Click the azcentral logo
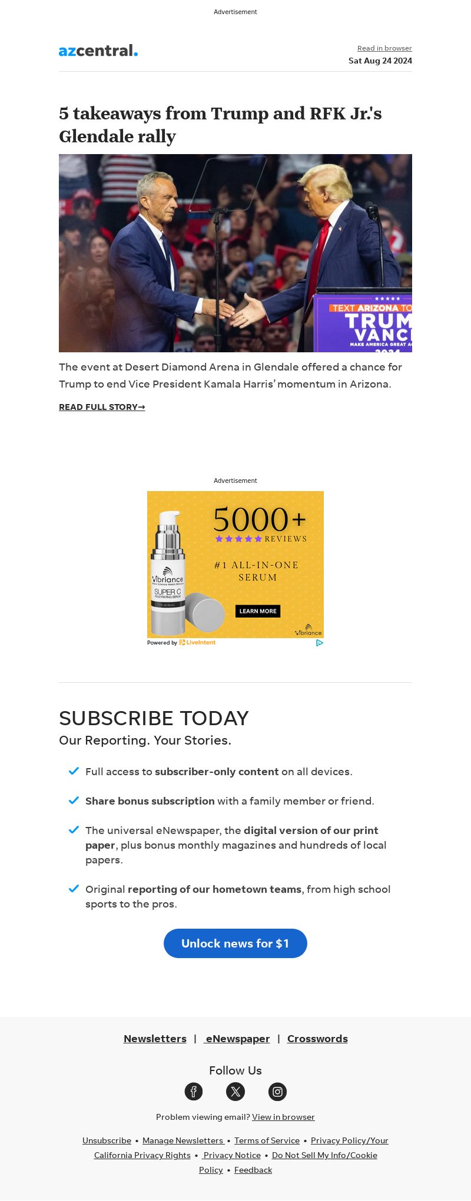point(98,51)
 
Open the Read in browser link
point(384,48)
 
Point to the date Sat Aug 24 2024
point(380,61)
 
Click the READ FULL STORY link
point(102,407)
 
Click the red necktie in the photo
point(320,253)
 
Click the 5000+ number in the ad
point(259,519)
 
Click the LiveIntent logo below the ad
point(198,642)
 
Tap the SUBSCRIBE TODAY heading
point(154,718)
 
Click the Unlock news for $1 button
point(235,943)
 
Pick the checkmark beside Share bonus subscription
point(74,800)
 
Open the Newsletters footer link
point(155,1039)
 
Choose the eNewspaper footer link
point(237,1039)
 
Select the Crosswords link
point(317,1039)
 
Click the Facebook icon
point(194,1092)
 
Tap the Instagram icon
point(277,1092)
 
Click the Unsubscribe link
point(107,1140)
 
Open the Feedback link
point(253,1170)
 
